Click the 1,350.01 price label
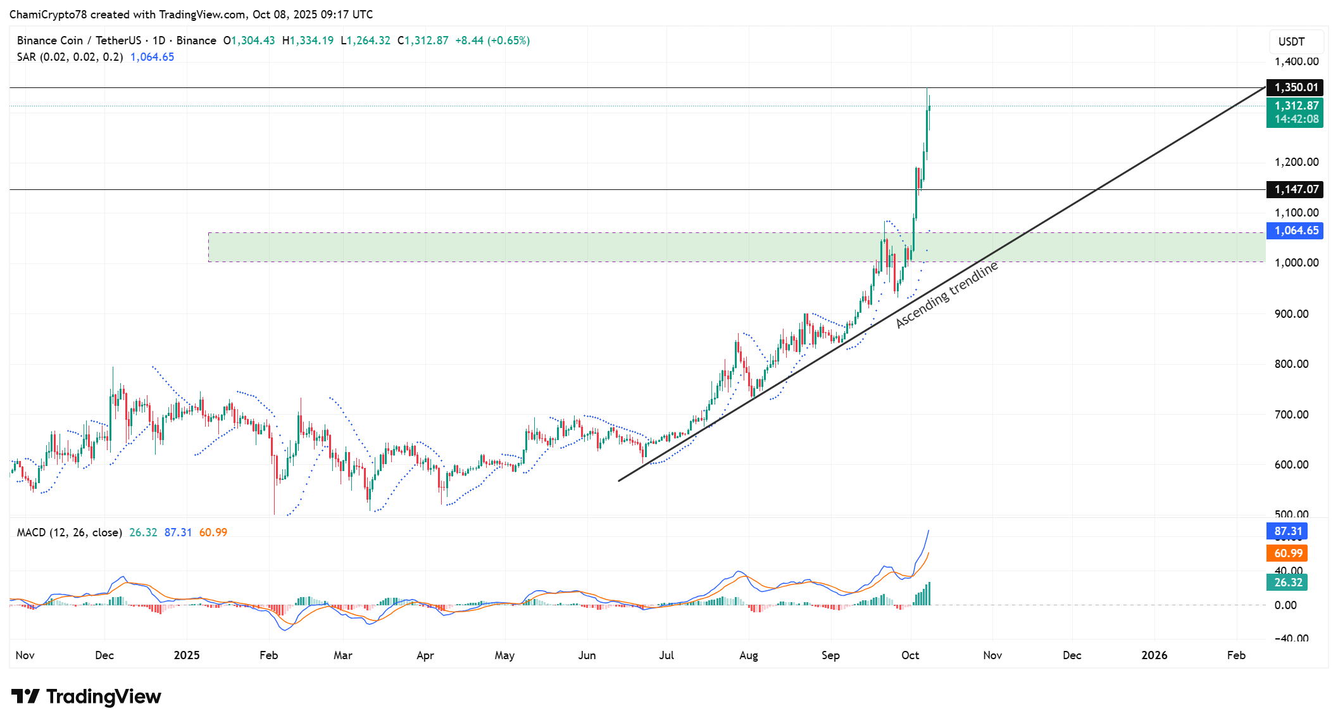click(1296, 87)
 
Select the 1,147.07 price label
click(1296, 189)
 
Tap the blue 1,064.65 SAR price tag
click(1296, 230)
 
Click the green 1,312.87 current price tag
click(1296, 106)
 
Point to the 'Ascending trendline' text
click(946, 295)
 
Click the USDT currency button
click(1291, 42)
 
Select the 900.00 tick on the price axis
click(1291, 314)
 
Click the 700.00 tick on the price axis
click(1291, 415)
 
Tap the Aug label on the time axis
click(748, 655)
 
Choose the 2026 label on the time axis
click(1154, 655)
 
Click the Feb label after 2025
click(268, 655)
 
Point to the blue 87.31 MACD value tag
click(1287, 531)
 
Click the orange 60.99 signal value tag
click(1287, 553)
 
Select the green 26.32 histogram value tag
click(1287, 583)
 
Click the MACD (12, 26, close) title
click(69, 533)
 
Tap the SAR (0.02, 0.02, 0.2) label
click(70, 57)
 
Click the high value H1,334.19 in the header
click(308, 41)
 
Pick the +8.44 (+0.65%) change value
click(492, 41)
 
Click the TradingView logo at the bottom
click(86, 697)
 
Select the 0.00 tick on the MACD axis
click(1285, 605)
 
